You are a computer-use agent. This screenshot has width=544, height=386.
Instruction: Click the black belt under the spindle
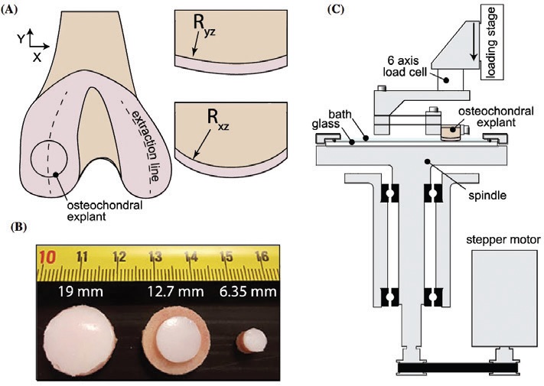(458, 371)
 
